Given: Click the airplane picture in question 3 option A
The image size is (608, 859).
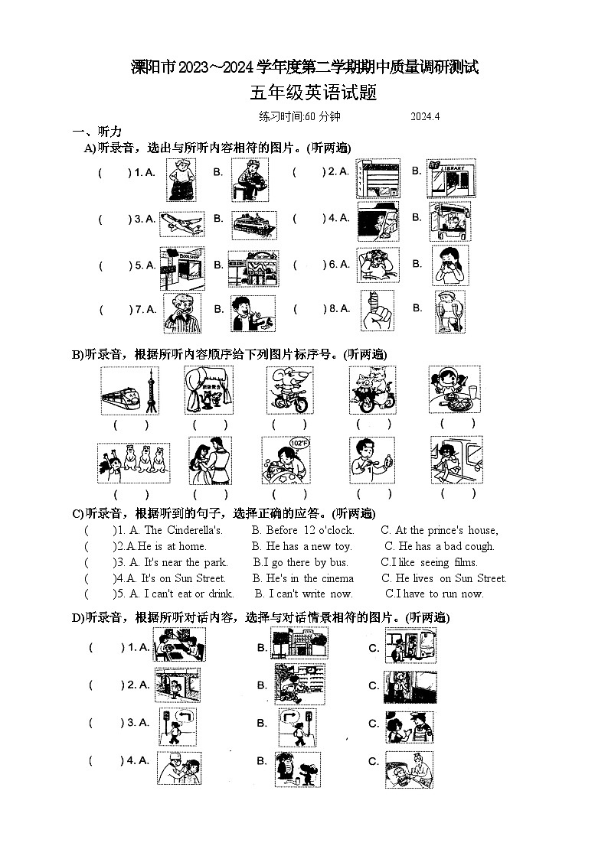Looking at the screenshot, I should click(181, 223).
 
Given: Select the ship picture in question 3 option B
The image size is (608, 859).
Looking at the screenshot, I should click(253, 224).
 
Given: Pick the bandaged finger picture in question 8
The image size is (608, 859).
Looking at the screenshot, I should click(378, 310).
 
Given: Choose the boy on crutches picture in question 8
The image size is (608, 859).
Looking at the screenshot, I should click(449, 311).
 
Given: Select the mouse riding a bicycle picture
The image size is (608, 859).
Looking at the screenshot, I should click(289, 390).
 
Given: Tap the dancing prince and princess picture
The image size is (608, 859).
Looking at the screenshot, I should click(210, 460).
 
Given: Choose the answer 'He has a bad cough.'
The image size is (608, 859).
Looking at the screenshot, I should click(440, 546).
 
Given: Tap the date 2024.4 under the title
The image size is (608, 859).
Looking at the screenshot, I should click(426, 117).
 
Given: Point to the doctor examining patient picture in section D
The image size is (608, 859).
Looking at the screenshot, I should click(178, 769).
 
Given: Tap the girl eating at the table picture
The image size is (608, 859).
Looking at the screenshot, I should click(454, 390).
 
